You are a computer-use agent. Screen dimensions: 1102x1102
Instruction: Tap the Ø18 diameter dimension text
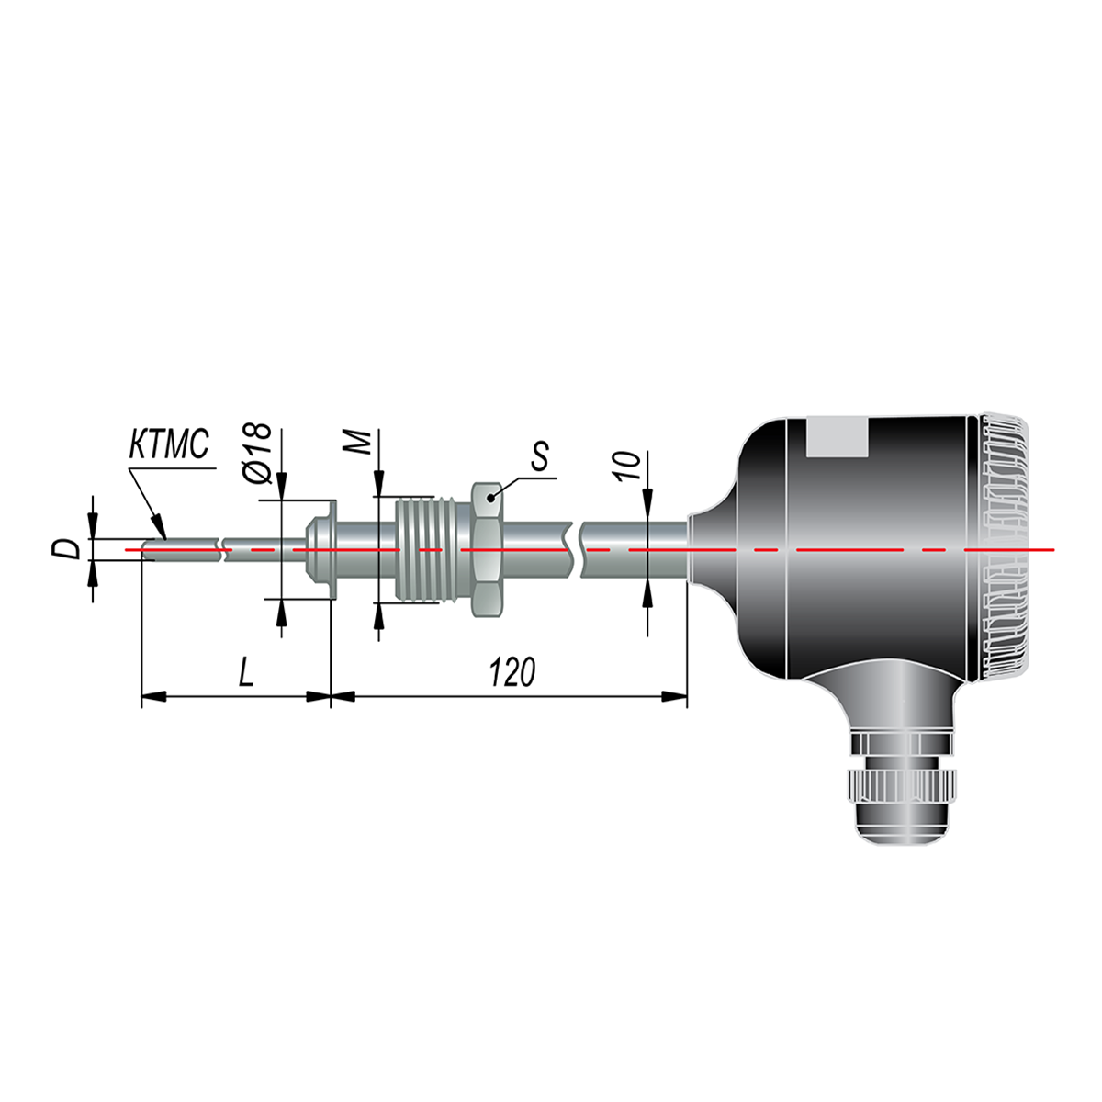(257, 454)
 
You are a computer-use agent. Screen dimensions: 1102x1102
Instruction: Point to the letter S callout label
(539, 455)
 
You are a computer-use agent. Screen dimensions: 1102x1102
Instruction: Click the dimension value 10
(627, 466)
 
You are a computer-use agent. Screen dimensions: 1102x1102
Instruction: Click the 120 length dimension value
(512, 672)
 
